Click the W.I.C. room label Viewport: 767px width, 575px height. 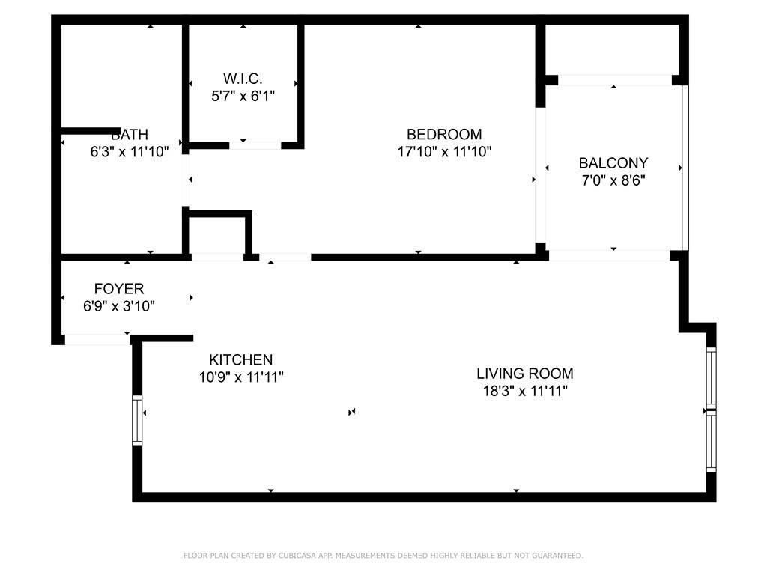pyautogui.click(x=243, y=78)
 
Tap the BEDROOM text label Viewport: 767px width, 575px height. pyautogui.click(x=444, y=134)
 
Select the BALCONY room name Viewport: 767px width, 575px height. pyautogui.click(x=613, y=162)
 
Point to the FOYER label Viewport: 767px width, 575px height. pyautogui.click(x=119, y=288)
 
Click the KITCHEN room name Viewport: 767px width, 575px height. pyautogui.click(x=240, y=360)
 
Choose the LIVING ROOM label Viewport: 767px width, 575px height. pyautogui.click(x=525, y=374)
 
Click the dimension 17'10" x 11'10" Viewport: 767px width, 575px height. pyautogui.click(x=444, y=151)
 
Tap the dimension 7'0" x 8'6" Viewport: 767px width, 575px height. pyautogui.click(x=613, y=180)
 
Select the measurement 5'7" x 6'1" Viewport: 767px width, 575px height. pyautogui.click(x=243, y=96)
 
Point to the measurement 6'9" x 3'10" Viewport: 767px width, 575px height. pyautogui.click(x=119, y=306)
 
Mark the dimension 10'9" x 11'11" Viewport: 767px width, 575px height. pyautogui.click(x=240, y=377)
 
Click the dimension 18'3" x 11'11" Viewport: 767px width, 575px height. pyautogui.click(x=525, y=391)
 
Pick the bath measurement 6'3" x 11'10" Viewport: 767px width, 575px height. pyautogui.click(x=129, y=151)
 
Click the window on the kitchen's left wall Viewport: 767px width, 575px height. pyautogui.click(x=137, y=421)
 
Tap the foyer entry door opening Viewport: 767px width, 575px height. pyautogui.click(x=97, y=339)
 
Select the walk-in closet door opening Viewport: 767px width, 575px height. pyautogui.click(x=255, y=145)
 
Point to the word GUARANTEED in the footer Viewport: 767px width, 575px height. pyautogui.click(x=557, y=556)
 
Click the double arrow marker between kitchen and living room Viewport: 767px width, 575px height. pyautogui.click(x=352, y=413)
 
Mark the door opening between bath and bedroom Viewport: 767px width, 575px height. pyautogui.click(x=186, y=180)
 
